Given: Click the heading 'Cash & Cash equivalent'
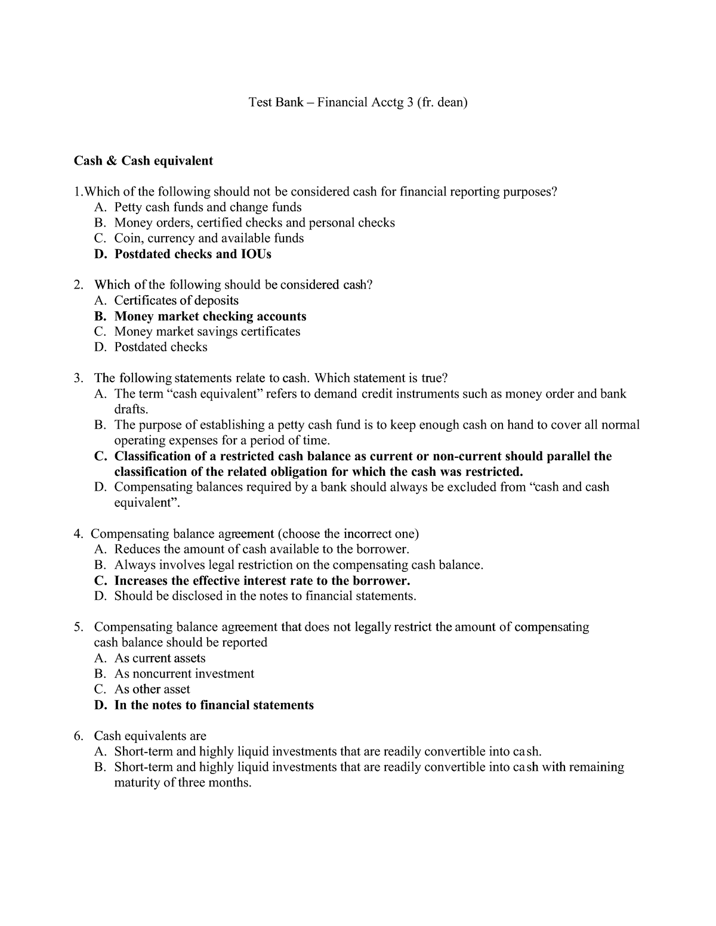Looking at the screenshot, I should [143, 160].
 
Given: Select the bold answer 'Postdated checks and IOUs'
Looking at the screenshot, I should [192, 254].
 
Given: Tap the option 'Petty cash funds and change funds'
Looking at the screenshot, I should [208, 207].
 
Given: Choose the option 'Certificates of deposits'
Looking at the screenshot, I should [176, 301].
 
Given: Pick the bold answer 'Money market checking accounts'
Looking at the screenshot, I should [210, 316].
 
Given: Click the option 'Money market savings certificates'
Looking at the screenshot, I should [207, 332].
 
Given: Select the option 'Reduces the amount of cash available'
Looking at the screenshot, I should [261, 549].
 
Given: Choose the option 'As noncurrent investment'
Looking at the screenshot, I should [184, 674].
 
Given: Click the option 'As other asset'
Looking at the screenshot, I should [152, 689].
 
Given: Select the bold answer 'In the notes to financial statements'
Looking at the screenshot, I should [214, 705].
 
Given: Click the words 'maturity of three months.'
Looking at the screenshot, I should [183, 782].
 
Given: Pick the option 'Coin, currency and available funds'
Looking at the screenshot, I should [209, 239].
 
